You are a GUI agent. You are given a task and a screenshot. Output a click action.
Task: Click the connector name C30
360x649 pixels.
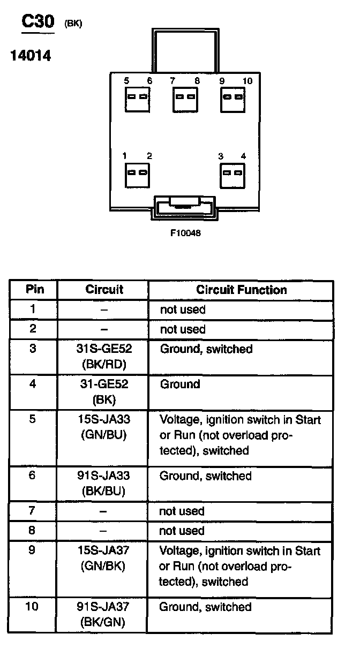[x=37, y=22]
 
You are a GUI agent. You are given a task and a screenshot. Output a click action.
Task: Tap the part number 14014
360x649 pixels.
[x=31, y=55]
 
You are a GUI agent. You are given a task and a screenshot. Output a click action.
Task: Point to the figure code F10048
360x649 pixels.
[x=186, y=233]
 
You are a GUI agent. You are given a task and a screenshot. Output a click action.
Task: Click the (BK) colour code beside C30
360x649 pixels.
[x=73, y=24]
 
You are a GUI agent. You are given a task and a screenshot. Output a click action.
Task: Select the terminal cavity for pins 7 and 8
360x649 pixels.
[x=185, y=98]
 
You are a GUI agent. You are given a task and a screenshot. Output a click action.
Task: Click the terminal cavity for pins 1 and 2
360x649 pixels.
[x=137, y=173]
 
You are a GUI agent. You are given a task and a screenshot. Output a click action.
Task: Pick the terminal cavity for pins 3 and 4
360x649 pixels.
[x=232, y=173]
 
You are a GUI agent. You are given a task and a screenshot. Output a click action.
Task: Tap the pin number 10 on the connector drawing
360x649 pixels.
[x=247, y=81]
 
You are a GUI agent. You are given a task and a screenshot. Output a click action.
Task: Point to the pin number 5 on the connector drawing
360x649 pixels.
[x=126, y=81]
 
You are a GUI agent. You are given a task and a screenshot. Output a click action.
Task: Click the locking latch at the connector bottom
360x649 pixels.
[x=184, y=207]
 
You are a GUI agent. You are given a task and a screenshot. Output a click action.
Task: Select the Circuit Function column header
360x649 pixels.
[x=241, y=290]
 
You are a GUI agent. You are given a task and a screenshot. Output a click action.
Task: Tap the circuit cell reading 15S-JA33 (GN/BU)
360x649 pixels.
[x=104, y=427]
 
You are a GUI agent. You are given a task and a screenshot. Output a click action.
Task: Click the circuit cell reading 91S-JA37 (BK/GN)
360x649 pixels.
[x=104, y=614]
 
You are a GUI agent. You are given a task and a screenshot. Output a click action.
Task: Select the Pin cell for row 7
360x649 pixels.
[x=33, y=511]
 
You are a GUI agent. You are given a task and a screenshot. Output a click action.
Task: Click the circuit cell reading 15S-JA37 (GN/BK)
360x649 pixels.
[x=104, y=558]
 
